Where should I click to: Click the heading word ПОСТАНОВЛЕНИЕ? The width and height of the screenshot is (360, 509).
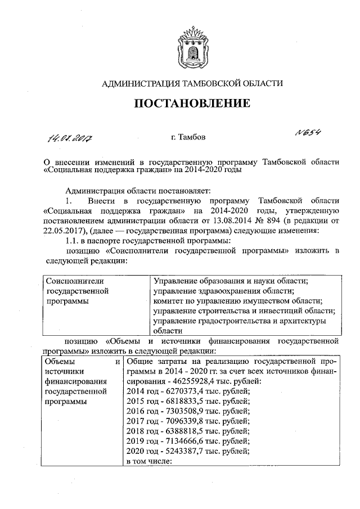click(191, 105)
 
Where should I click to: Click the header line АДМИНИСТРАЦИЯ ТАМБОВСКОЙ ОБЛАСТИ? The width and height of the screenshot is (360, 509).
click(191, 83)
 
